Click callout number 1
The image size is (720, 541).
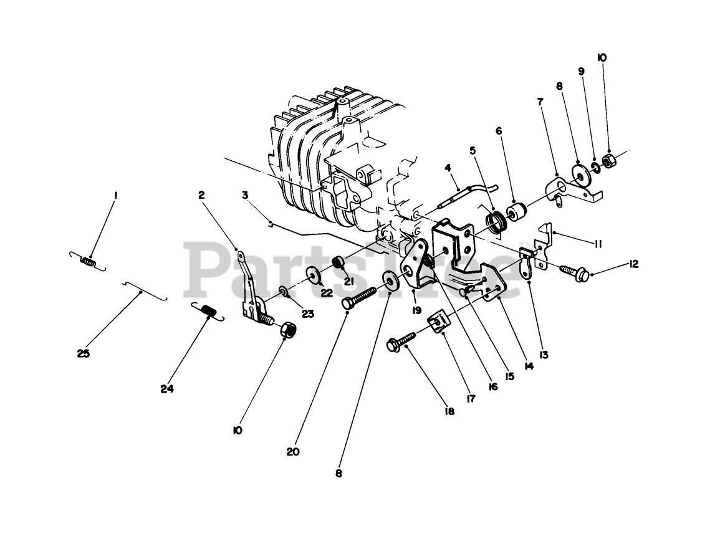click(115, 195)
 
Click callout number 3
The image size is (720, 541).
click(245, 195)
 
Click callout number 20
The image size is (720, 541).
click(293, 451)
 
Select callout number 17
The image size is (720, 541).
click(470, 396)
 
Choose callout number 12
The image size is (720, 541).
click(634, 264)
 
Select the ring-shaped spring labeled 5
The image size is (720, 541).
click(496, 222)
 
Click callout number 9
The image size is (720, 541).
click(582, 71)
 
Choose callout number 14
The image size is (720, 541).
click(529, 366)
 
